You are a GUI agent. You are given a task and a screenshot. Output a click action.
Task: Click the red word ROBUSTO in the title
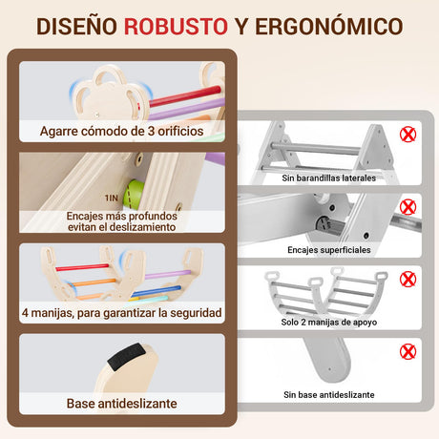point(176,26)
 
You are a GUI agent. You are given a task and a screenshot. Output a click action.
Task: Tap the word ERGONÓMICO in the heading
point(329,26)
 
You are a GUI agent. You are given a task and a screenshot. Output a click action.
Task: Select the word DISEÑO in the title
point(76,26)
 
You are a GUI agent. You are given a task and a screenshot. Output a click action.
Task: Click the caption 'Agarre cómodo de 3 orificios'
point(122,131)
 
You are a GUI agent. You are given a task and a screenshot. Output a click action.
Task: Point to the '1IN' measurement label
point(112,199)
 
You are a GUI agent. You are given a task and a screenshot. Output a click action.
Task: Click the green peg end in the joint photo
point(133,195)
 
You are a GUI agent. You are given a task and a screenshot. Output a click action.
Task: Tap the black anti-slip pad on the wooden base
point(126,356)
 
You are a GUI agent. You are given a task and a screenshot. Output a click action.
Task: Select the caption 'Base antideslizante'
point(122,404)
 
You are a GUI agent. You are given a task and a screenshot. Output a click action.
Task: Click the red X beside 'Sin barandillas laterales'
point(408,135)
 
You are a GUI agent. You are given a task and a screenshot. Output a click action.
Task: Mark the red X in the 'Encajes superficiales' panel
point(408,207)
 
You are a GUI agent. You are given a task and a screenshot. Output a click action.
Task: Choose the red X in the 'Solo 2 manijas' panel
point(408,280)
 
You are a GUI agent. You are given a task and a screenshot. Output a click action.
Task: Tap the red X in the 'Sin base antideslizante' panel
point(408,351)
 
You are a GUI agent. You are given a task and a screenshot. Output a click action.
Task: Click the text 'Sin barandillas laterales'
point(329,178)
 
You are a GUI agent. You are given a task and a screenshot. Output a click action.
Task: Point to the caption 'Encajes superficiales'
point(329,250)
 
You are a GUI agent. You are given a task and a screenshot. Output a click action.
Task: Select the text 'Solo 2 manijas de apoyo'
point(329,322)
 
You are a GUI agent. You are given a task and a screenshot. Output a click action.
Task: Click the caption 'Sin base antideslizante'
point(329,394)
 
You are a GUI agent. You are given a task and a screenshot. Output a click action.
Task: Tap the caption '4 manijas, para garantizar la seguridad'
point(122,313)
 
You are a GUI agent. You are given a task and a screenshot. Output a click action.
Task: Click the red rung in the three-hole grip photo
point(185,95)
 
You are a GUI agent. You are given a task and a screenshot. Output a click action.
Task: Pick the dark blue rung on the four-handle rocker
point(157,291)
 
